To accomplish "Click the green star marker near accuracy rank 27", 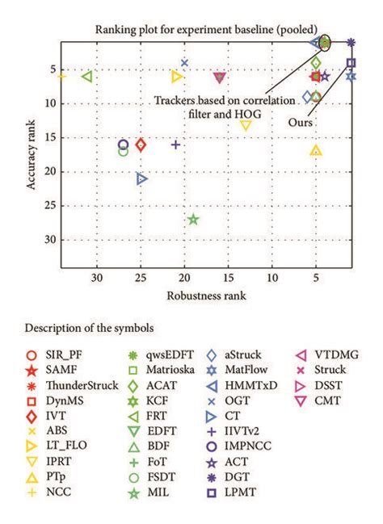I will [193, 219].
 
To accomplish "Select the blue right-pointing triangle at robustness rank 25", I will [142, 178].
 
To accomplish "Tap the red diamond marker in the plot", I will [141, 145].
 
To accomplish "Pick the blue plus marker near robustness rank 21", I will [175, 145].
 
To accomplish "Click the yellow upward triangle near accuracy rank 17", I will [316, 151].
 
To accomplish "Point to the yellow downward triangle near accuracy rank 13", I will [246, 124].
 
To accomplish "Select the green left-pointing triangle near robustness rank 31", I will [88, 77].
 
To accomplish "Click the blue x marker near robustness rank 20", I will [184, 63].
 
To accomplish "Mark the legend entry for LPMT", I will [253, 493].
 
